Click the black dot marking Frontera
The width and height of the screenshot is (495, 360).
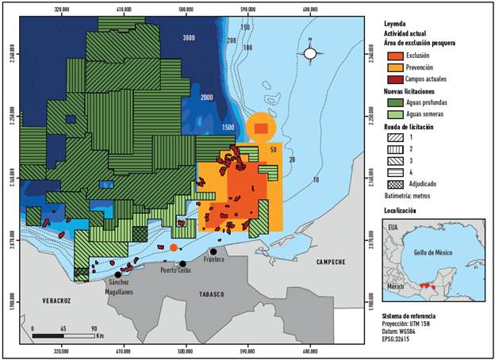(213, 252)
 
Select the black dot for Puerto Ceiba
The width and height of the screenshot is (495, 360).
(182, 264)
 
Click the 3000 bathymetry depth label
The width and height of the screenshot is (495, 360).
(189, 38)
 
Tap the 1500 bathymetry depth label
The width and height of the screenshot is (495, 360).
(228, 128)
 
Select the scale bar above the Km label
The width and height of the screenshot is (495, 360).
(63, 335)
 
